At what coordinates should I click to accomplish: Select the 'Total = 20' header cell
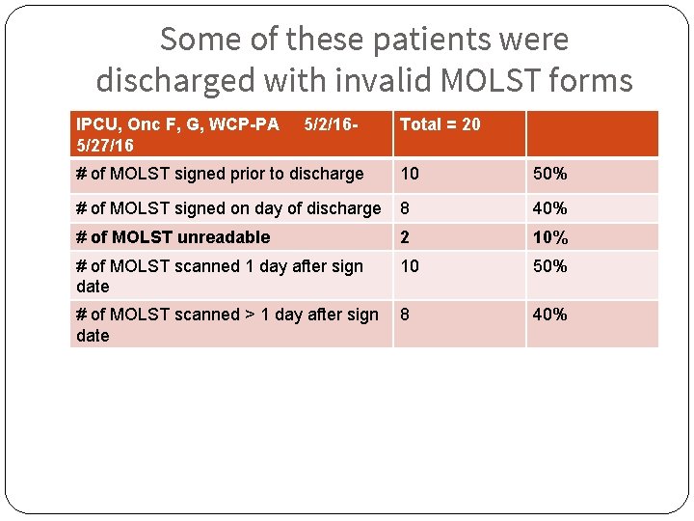[440, 124]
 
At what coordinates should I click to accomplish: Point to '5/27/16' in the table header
[105, 145]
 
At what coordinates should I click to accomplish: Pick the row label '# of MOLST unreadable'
[173, 237]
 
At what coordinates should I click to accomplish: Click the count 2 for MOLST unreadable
[405, 237]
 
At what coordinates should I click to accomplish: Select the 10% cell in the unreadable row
[550, 237]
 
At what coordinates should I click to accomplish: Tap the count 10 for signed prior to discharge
[410, 174]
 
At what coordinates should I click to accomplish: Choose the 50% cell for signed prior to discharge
[550, 174]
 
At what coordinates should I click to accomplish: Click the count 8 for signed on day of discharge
[405, 207]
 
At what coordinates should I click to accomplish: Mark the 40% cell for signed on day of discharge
[550, 207]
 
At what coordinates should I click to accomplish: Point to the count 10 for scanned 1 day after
[410, 266]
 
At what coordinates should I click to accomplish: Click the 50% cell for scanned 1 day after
[550, 266]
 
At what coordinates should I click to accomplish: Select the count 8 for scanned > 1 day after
[405, 315]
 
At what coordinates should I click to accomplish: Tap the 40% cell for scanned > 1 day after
[550, 315]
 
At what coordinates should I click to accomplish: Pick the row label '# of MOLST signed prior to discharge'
[220, 174]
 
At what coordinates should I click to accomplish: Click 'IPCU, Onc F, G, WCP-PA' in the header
[177, 124]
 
